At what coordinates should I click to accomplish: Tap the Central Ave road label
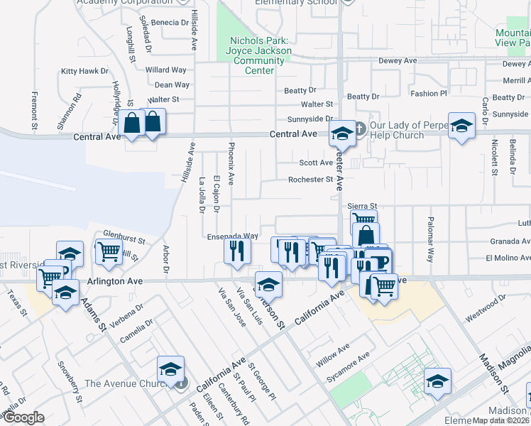(292, 133)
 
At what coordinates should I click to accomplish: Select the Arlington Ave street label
(115, 281)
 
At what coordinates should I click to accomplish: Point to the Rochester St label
(310, 180)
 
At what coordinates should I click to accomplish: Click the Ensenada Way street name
(232, 236)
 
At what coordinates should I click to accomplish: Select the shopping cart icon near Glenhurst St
(109, 250)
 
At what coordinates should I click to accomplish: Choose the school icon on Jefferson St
(268, 284)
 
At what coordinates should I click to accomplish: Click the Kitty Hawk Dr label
(84, 71)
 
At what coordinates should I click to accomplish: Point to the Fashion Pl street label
(428, 93)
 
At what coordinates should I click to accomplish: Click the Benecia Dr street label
(170, 23)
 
